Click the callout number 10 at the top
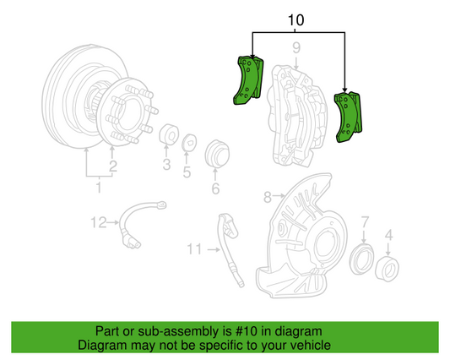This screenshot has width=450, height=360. pos(295,19)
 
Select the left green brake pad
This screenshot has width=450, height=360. pos(248,80)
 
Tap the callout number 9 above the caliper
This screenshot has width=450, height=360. pos(296,46)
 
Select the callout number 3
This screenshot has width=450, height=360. pos(166,163)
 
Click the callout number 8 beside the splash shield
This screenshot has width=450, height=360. pos(266,197)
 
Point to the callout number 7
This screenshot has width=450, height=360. pos(365,222)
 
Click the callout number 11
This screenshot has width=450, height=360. pos(194,249)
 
